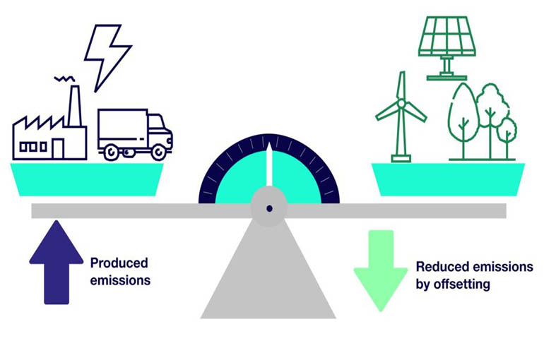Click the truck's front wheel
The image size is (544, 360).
[160, 151]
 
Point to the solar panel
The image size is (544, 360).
[447, 35]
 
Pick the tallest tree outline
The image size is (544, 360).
[463, 116]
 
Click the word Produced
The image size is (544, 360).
[119, 263]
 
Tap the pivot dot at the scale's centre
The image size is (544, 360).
[269, 208]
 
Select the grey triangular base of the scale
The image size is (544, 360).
[268, 275]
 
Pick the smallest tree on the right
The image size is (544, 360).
[507, 134]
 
